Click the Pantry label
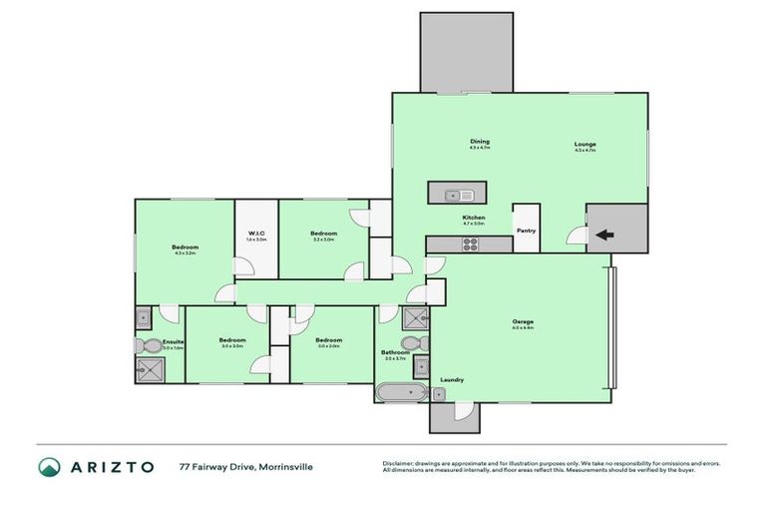526,231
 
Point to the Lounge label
584,144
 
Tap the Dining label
480,142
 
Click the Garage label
523,321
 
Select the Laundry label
452,379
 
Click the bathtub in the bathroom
401,394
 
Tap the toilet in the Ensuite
144,345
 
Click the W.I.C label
256,235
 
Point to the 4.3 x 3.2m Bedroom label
185,247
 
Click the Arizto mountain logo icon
50,467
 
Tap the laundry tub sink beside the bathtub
438,394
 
